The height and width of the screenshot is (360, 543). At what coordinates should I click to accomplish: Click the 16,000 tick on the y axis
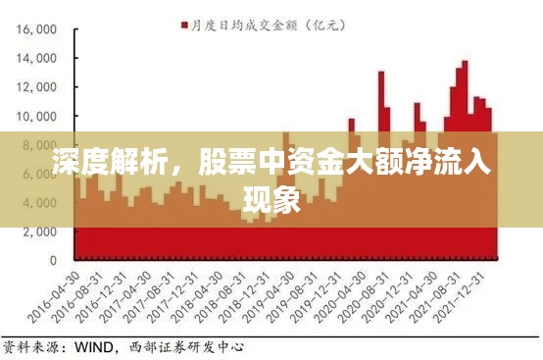[36, 29]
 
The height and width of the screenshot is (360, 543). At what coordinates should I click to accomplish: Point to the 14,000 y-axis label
[36, 59]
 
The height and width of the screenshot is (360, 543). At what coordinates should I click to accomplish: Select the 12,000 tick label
[36, 87]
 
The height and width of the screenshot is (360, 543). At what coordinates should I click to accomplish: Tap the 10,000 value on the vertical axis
[36, 117]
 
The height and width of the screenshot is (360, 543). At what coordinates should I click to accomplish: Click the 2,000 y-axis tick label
[40, 232]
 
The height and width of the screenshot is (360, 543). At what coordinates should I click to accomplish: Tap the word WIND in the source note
[96, 346]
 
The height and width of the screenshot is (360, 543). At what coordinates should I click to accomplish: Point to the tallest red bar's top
[465, 62]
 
